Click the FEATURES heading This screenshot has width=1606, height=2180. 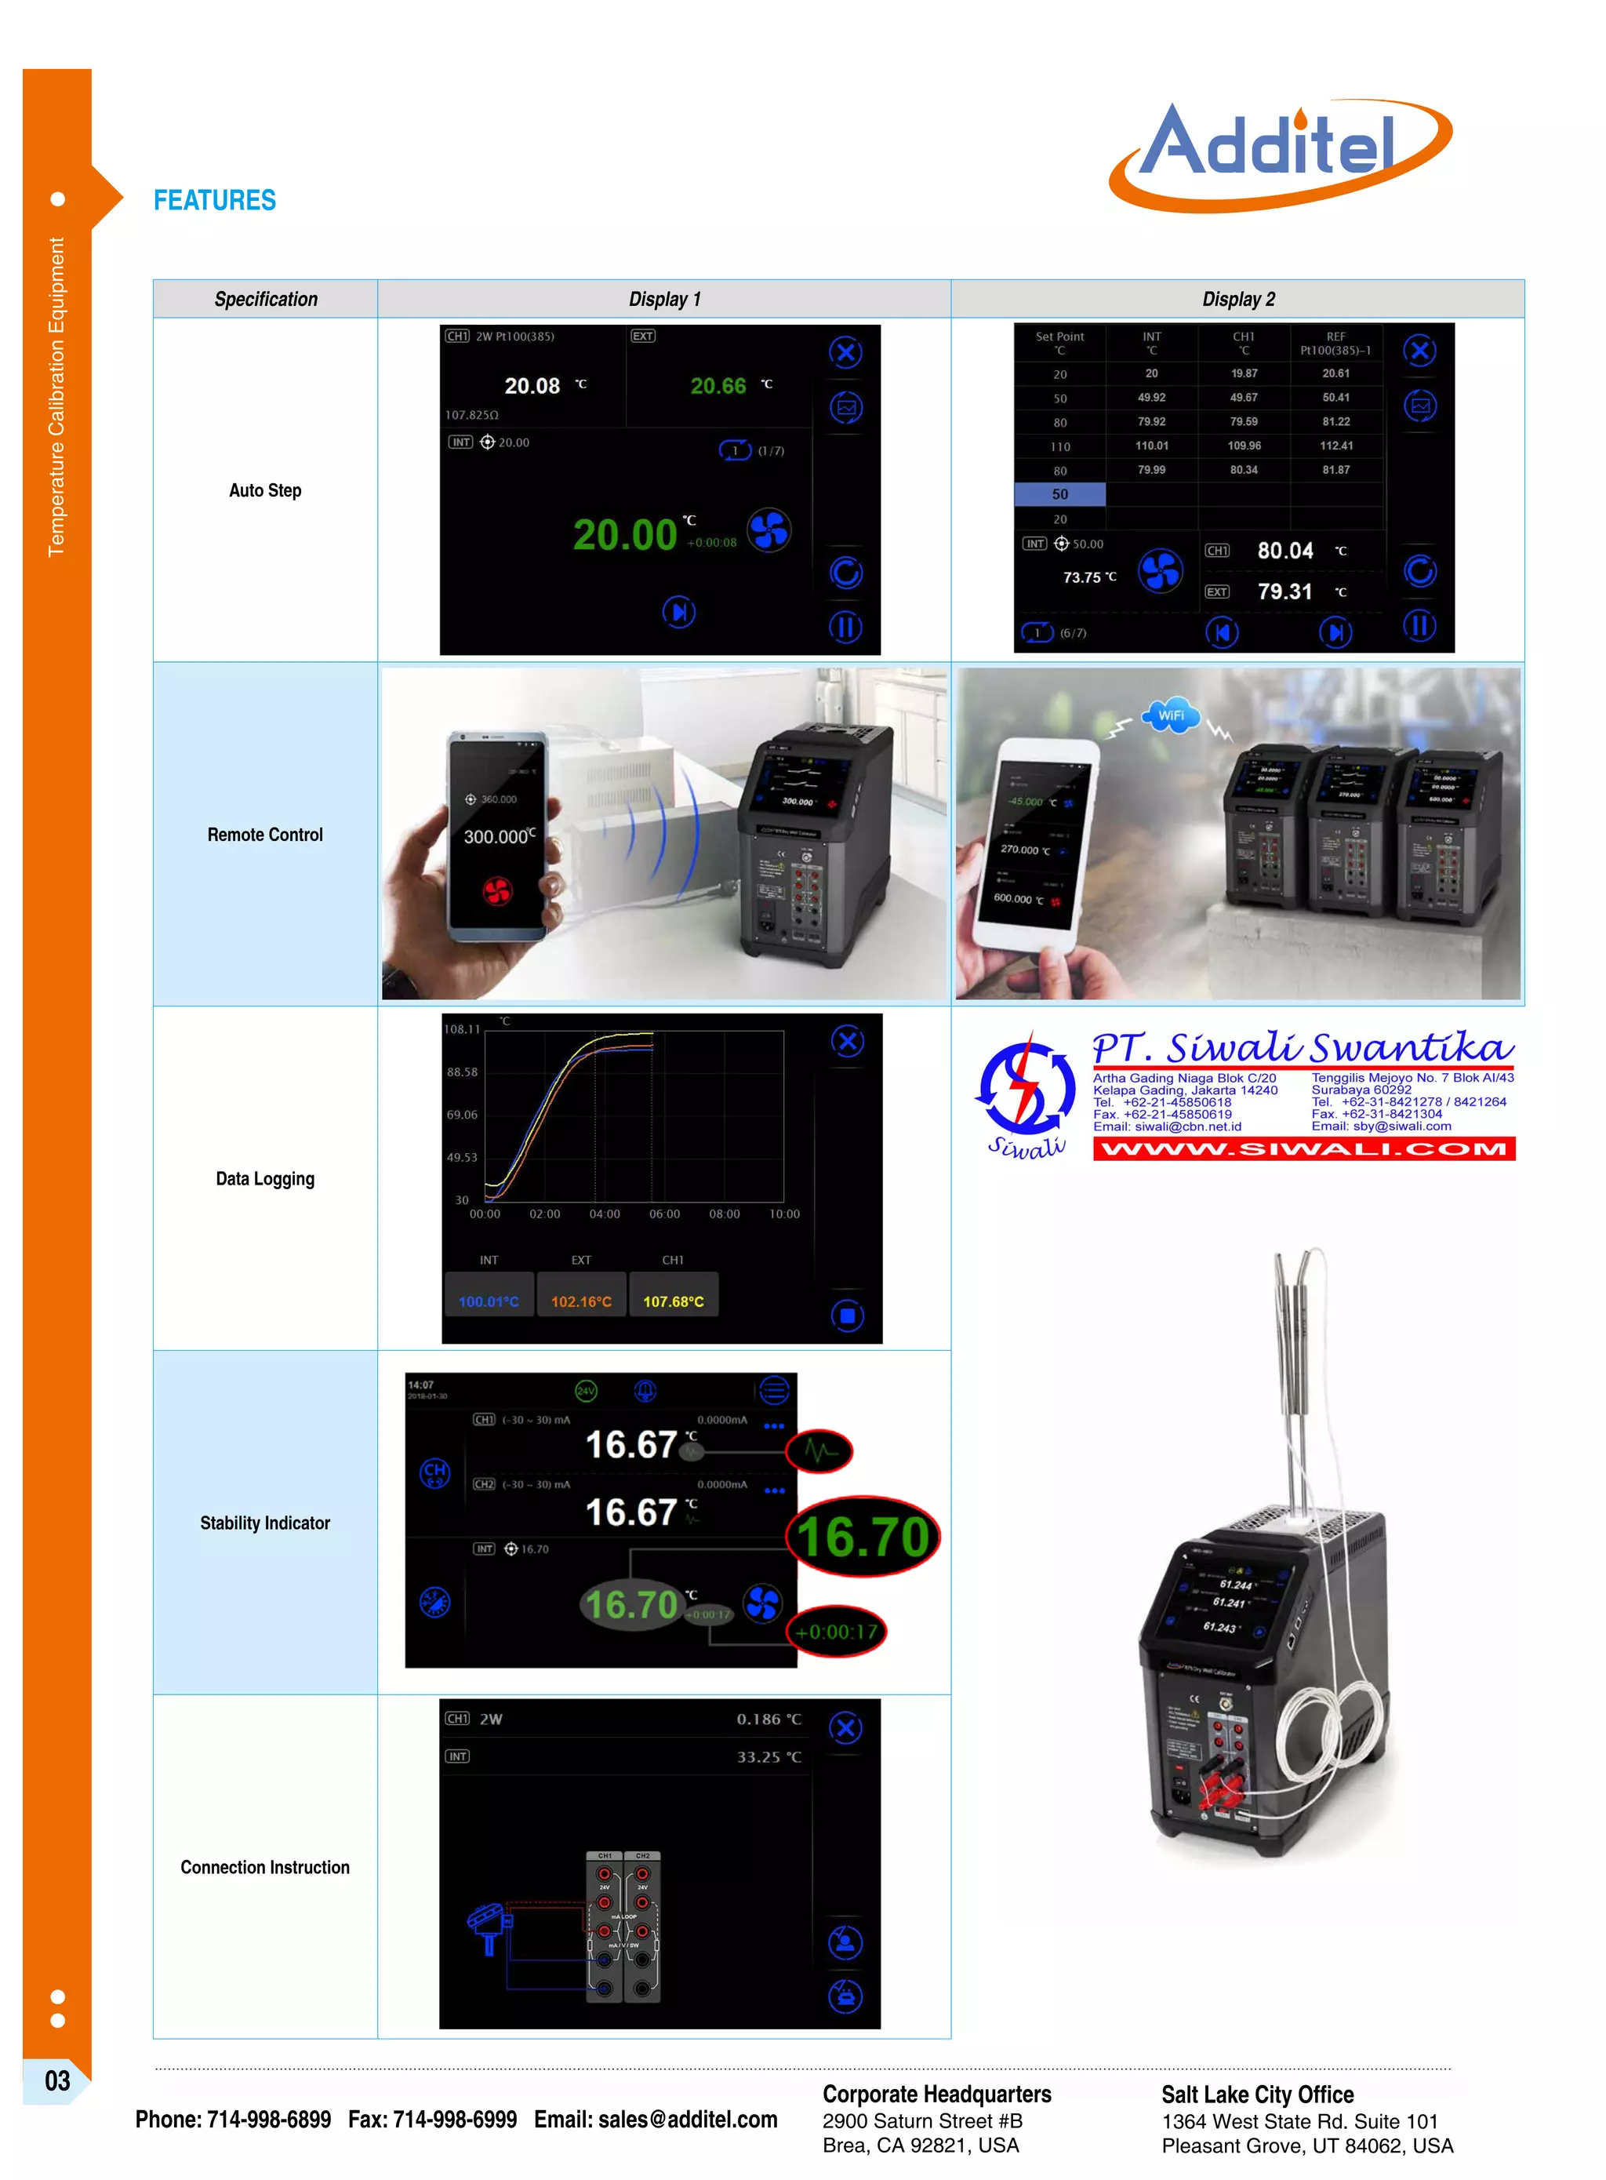[215, 200]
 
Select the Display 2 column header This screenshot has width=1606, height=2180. [1237, 299]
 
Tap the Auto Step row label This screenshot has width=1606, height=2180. [264, 490]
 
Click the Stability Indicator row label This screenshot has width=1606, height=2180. [264, 1523]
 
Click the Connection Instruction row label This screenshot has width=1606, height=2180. [264, 1867]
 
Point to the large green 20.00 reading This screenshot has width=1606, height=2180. [624, 535]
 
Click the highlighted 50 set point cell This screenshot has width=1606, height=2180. [1059, 494]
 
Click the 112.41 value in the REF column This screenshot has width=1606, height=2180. [1335, 446]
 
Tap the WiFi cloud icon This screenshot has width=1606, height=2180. [1172, 715]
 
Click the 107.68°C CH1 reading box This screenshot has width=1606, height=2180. [674, 1300]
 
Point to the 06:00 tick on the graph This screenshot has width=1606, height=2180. [664, 1214]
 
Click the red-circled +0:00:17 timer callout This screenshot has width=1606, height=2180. [836, 1632]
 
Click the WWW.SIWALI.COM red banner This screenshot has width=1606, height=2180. [1303, 1148]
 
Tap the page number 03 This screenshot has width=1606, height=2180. [57, 2081]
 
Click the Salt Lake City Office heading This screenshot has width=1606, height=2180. [1257, 2094]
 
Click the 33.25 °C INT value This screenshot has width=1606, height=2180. [768, 1757]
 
